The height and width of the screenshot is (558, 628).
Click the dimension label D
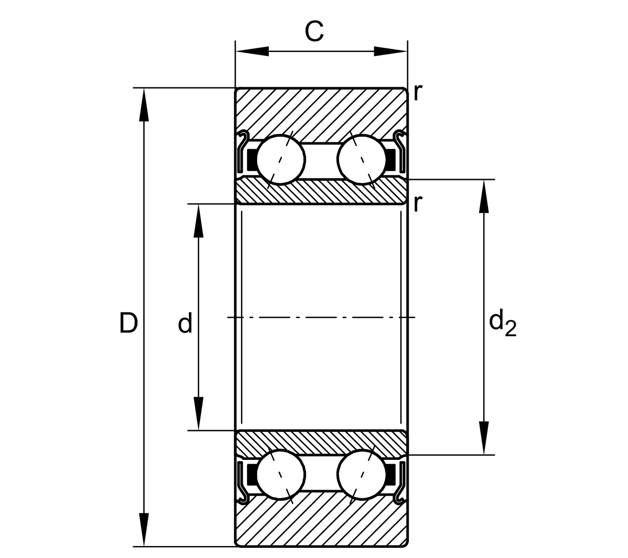[x=128, y=324]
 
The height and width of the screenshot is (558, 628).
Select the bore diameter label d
[x=185, y=324]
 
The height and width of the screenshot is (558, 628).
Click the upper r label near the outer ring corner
[x=417, y=93]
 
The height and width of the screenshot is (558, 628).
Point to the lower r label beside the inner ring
[x=417, y=203]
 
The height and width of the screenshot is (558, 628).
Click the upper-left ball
[x=281, y=159]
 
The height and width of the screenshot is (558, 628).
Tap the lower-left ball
[x=281, y=474]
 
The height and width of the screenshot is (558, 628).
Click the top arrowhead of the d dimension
[x=199, y=220]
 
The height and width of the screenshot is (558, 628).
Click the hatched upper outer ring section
[x=321, y=112]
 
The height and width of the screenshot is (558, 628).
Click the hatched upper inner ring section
[x=321, y=192]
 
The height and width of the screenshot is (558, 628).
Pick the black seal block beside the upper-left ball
[x=251, y=159]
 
